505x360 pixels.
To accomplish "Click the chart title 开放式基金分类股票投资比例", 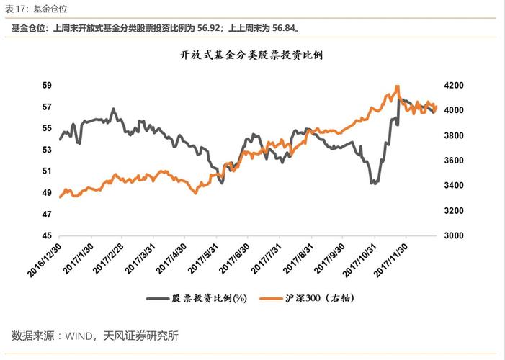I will (251, 55).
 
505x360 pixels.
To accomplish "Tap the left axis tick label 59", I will (47, 85).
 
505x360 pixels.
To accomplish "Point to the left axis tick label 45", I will (47, 235).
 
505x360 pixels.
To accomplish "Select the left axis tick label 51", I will (47, 171).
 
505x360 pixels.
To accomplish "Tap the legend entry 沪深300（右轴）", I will (320, 297).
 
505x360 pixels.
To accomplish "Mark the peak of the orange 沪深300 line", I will (396, 86).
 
